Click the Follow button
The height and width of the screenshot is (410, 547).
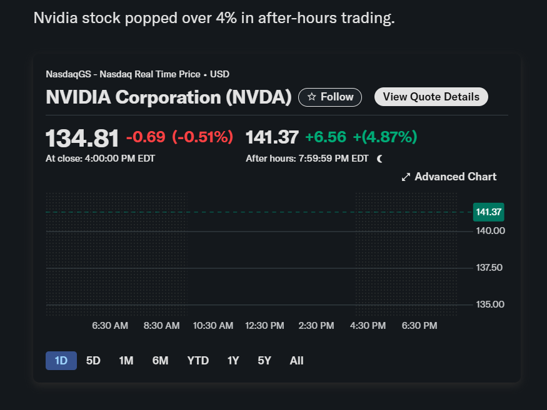pos(330,97)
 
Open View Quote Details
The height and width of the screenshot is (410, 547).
pos(431,97)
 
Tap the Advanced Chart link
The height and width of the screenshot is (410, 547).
pos(449,177)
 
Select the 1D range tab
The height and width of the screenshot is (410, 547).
pos(61,361)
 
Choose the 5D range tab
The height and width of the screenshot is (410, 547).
pos(93,361)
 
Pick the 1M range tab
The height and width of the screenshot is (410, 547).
pos(126,361)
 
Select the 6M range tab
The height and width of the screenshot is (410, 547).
pos(160,361)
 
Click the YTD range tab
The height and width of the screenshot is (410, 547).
pos(198,361)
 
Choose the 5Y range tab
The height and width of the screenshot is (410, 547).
pos(264,361)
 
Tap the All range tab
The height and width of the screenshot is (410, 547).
pos(296,361)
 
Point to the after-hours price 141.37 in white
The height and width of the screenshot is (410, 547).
pos(272,137)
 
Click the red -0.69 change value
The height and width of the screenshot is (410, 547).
pos(146,137)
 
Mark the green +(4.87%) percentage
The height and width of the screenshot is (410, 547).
pos(384,137)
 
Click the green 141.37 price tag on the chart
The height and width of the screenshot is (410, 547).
pos(489,212)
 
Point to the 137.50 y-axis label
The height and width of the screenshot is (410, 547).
pos(490,268)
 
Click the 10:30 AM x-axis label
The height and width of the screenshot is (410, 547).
pos(213,326)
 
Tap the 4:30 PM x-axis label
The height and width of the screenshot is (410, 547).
pos(368,326)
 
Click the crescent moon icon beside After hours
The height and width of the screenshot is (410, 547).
pos(379,159)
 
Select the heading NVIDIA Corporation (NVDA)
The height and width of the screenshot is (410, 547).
pos(169,97)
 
